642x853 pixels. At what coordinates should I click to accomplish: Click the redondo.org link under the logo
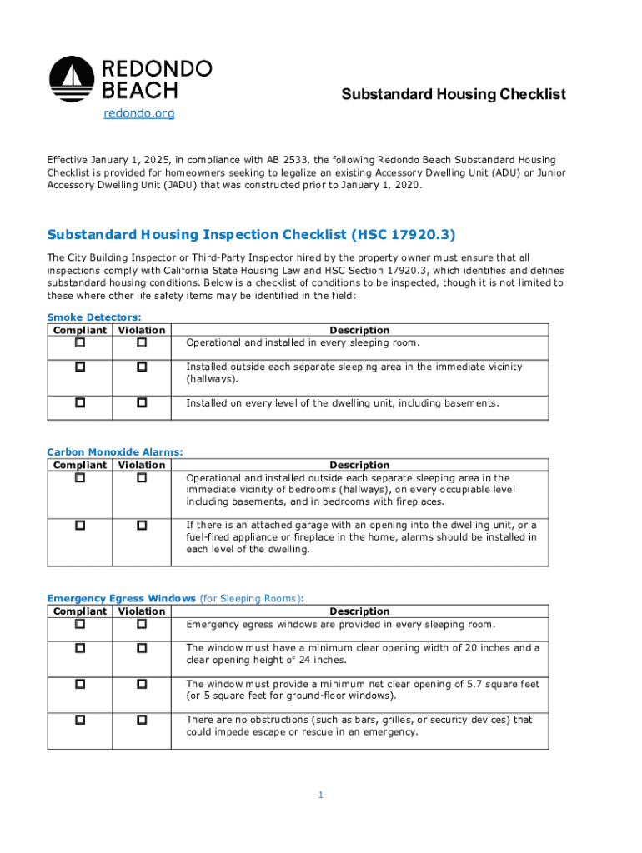click(138, 113)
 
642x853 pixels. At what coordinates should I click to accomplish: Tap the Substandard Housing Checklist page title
click(454, 94)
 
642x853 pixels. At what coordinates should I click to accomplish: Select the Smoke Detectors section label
click(94, 317)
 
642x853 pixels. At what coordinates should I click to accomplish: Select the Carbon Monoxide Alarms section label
click(115, 452)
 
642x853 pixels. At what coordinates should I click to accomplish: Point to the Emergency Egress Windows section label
click(122, 598)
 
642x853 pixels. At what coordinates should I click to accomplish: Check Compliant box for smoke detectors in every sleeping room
click(80, 342)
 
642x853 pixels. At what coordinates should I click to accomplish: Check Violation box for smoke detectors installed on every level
click(142, 402)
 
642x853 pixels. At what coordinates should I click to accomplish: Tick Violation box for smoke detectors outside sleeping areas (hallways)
click(142, 367)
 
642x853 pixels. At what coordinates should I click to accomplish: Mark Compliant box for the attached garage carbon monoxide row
click(80, 525)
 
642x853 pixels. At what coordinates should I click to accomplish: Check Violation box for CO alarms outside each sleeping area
click(142, 477)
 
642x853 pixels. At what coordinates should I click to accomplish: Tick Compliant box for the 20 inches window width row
click(80, 647)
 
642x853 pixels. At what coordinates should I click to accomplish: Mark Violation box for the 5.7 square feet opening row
click(142, 683)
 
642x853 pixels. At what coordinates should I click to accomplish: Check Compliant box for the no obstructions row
click(80, 719)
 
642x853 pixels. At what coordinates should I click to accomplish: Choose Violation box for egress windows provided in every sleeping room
click(142, 624)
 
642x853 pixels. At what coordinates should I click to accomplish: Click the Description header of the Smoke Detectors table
click(359, 330)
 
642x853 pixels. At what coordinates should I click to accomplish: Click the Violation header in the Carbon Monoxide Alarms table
click(142, 465)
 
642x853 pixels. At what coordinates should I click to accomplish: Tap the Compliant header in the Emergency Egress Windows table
click(80, 611)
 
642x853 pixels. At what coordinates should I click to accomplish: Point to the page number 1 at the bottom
click(320, 796)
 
